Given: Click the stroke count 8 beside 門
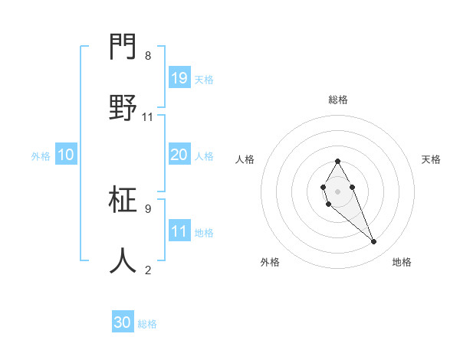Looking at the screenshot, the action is (148, 56).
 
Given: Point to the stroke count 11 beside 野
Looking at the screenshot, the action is (148, 117).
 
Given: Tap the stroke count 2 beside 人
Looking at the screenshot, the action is (148, 270).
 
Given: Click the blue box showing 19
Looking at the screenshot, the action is (179, 78).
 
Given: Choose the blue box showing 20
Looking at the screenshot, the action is (179, 155).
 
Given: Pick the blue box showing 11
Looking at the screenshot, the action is (179, 231).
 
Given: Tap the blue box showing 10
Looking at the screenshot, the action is (65, 155).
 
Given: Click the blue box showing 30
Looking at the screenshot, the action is (123, 322).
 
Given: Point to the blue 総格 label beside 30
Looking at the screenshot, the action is (147, 324).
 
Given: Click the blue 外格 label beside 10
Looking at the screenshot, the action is (41, 156).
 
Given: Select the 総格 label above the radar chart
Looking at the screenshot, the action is (338, 100).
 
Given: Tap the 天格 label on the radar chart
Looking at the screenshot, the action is (431, 159).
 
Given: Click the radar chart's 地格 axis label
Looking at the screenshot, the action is (402, 262).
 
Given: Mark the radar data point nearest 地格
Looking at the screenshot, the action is (374, 242).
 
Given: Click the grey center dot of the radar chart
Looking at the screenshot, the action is (337, 190).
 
